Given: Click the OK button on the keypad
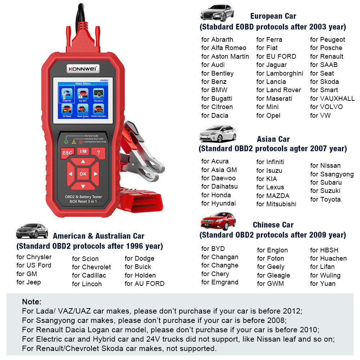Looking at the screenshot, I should (83, 174).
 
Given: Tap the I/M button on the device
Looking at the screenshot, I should (83, 152).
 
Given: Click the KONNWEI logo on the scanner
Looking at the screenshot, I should (83, 68).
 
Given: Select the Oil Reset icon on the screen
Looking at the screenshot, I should (67, 109).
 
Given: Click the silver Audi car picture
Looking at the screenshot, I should (217, 13).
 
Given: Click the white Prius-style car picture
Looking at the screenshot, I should (218, 134).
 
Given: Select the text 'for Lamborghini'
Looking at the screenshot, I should (280, 73).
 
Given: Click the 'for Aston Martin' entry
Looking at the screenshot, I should (225, 57).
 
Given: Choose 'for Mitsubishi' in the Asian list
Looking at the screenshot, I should (276, 204).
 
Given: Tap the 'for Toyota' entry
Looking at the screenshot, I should (325, 199).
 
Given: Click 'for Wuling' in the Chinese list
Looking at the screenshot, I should (325, 275).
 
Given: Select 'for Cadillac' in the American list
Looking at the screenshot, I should (89, 275).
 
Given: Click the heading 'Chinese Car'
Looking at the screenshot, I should (273, 225).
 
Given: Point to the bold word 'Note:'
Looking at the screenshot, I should (32, 302).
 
